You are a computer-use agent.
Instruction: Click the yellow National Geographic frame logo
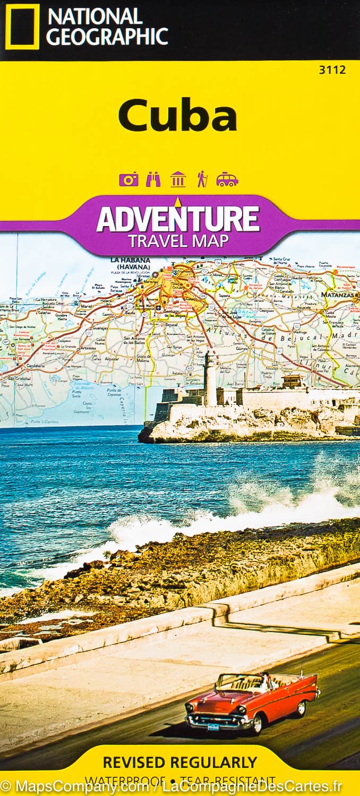(x=22, y=27)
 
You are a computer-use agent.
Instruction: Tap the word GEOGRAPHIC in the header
(x=107, y=36)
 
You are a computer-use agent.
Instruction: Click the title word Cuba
(x=177, y=116)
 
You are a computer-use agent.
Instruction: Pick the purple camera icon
(x=128, y=179)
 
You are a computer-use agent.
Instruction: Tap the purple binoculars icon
(x=153, y=179)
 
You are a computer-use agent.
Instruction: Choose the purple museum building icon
(x=178, y=179)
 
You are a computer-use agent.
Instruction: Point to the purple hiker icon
(x=202, y=179)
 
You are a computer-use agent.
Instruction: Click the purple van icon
(x=227, y=180)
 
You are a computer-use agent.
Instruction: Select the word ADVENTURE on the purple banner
(x=178, y=219)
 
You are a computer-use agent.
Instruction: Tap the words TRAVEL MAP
(x=178, y=241)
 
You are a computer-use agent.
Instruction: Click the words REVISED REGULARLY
(x=179, y=763)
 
